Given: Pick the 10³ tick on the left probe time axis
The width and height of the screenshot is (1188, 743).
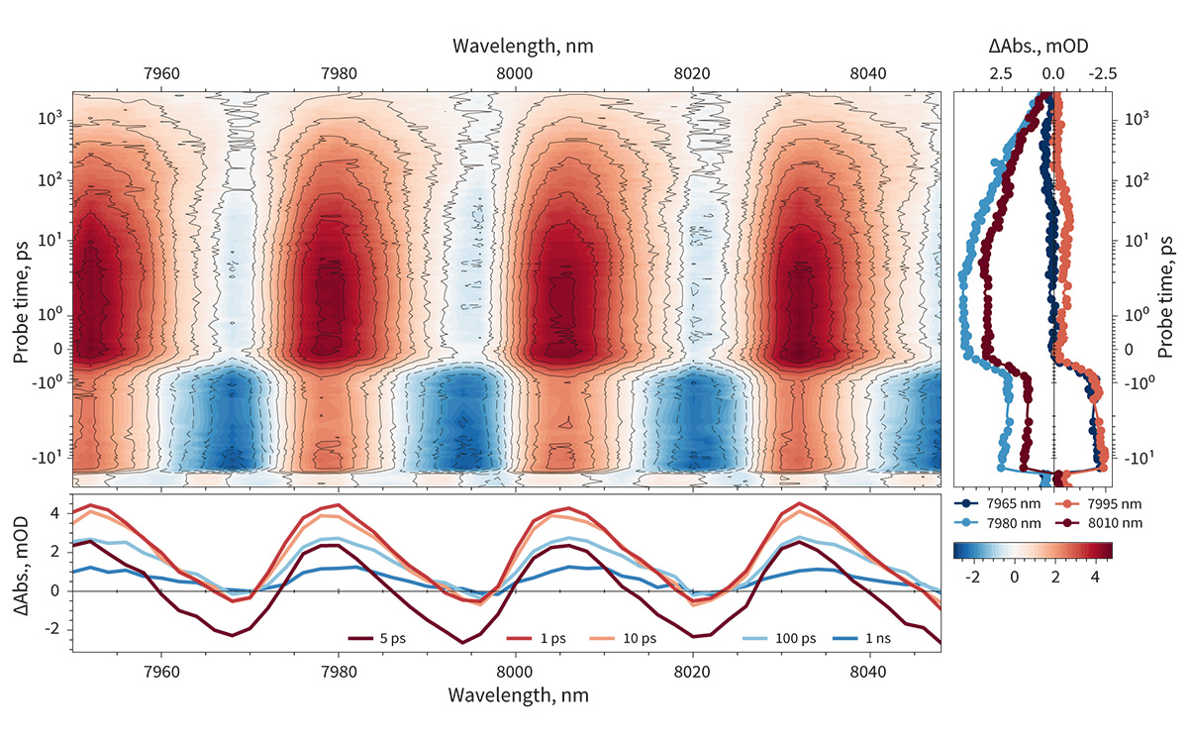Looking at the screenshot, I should (x=49, y=118).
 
